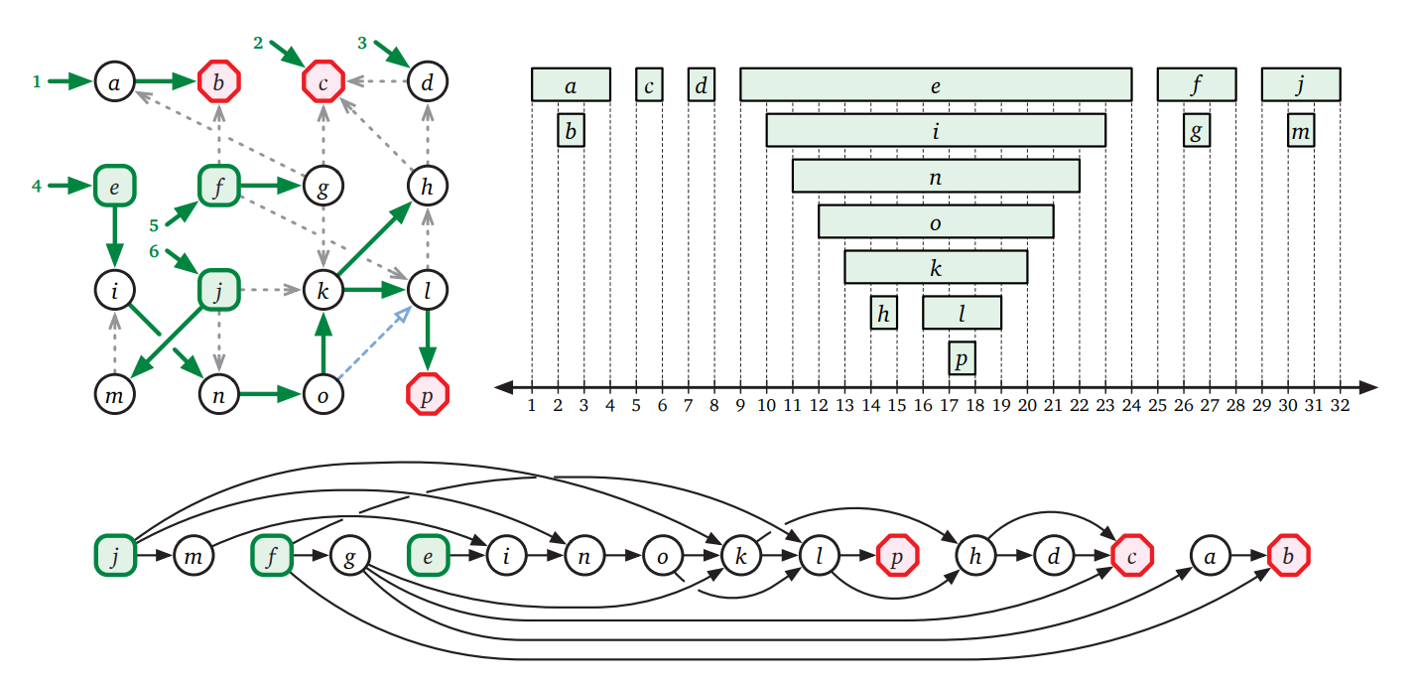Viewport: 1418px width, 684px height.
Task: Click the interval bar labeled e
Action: [x=936, y=84]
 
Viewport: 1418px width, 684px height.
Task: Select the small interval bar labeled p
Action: [x=962, y=357]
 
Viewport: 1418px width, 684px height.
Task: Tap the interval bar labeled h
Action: [x=883, y=312]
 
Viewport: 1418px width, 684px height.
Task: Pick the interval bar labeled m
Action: [x=1301, y=130]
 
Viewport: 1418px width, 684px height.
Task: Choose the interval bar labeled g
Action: [x=1197, y=130]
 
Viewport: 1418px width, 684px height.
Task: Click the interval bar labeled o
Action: [x=936, y=221]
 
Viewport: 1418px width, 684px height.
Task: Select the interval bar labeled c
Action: [x=649, y=84]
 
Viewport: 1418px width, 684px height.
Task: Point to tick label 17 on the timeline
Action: [x=949, y=405]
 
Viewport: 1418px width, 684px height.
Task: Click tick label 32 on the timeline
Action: [x=1341, y=405]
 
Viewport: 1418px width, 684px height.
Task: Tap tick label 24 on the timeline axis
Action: [x=1131, y=405]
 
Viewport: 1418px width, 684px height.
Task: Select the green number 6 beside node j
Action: [x=154, y=251]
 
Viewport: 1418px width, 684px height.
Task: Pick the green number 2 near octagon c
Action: [x=258, y=43]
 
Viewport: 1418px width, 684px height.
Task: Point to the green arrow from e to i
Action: [x=114, y=236]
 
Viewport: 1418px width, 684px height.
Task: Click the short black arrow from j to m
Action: [x=154, y=556]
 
